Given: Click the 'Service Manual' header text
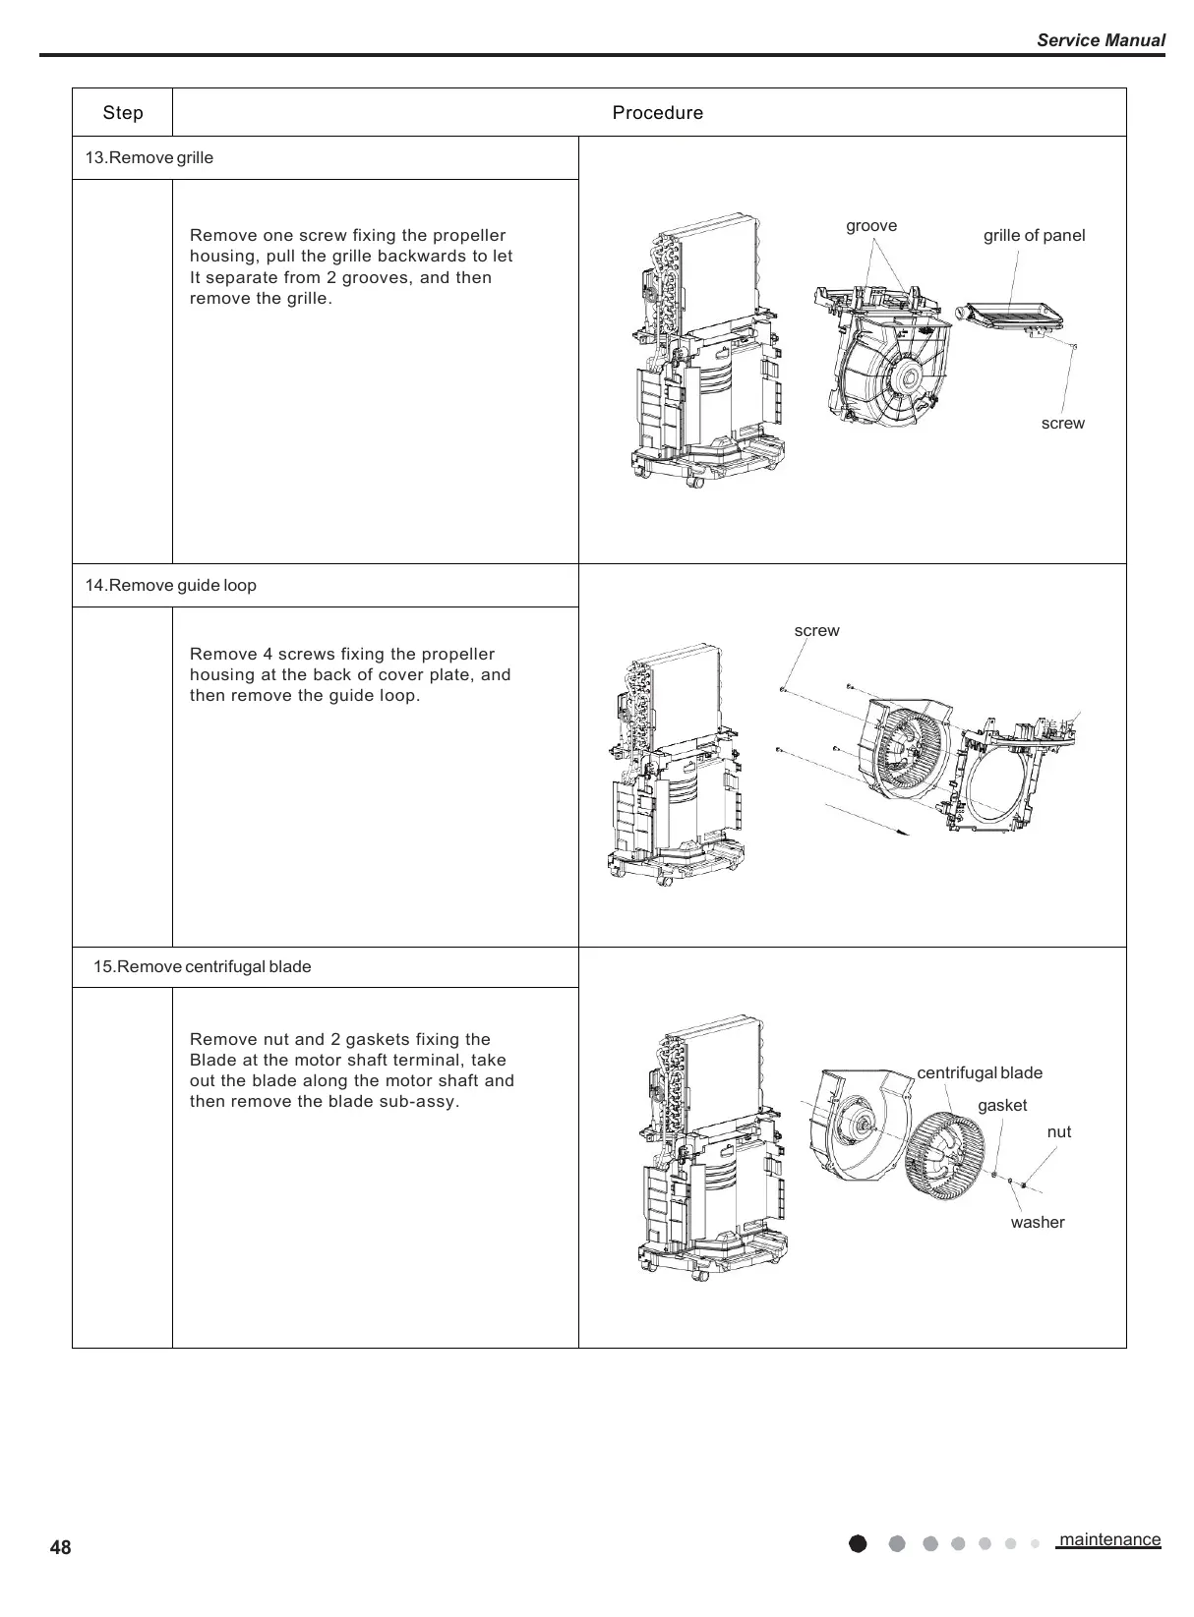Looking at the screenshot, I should click(x=1101, y=40).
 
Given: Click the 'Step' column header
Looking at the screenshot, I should click(x=123, y=113).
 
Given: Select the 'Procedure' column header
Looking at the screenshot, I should click(x=657, y=113).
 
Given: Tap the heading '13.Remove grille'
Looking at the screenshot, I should click(x=149, y=158).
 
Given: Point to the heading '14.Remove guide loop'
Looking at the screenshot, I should click(x=171, y=586).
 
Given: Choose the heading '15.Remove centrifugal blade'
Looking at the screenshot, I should click(x=203, y=967).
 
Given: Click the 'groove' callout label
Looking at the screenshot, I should click(x=871, y=226).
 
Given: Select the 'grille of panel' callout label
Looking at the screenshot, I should click(x=1034, y=236).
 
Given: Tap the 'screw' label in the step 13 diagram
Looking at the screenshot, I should click(x=1062, y=424).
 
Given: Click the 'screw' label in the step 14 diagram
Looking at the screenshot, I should click(x=816, y=631).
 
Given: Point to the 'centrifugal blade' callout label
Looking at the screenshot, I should click(x=979, y=1073).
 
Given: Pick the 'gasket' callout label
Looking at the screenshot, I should click(x=1001, y=1106).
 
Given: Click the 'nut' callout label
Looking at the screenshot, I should click(x=1058, y=1132).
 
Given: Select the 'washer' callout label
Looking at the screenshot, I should click(x=1037, y=1223).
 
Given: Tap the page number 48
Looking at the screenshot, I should click(x=60, y=1548).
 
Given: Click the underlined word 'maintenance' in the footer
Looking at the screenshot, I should click(x=1109, y=1539).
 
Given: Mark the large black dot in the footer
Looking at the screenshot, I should click(x=858, y=1543).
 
